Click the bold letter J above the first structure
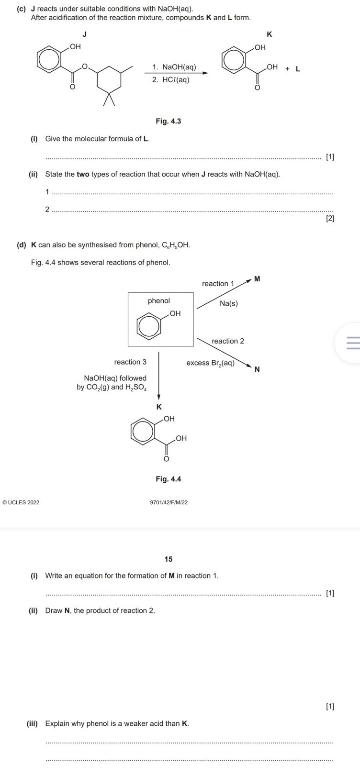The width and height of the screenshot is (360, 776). point(85,33)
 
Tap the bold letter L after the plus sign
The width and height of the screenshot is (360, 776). point(298,69)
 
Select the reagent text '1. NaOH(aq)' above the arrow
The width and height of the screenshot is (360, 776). point(174,67)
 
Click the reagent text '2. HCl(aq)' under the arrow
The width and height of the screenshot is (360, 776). point(171,80)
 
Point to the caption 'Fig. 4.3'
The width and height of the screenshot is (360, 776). point(168,122)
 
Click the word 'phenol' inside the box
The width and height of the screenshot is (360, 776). point(158,301)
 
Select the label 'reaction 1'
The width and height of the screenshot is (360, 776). point(218,284)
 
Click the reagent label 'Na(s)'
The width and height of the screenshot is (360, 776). point(229,304)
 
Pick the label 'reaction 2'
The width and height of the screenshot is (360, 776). point(228,341)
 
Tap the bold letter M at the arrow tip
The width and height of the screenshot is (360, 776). point(257,279)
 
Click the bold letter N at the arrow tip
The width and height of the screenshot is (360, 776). point(257,369)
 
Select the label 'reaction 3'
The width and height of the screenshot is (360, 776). point(130,362)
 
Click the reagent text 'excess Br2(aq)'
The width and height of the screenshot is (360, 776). point(211,363)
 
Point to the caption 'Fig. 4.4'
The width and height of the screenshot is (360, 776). point(168,479)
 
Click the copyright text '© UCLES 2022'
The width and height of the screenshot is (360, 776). point(21,502)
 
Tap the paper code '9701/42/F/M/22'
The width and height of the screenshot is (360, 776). point(169,502)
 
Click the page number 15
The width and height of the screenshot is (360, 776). point(169,559)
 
